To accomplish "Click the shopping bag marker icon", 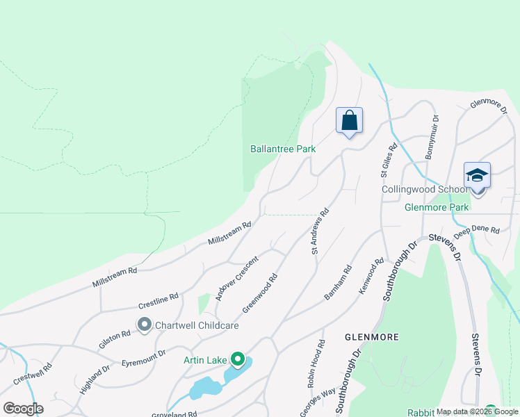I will pyautogui.click(x=349, y=120).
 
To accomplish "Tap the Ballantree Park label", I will pyautogui.click(x=283, y=149).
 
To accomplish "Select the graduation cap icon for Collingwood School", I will pyautogui.click(x=478, y=174).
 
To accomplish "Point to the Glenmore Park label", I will pyautogui.click(x=437, y=206).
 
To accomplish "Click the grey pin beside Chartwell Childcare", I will pyautogui.click(x=145, y=325).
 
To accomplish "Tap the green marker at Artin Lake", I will pyautogui.click(x=238, y=359).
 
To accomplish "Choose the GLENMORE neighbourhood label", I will pyautogui.click(x=372, y=337).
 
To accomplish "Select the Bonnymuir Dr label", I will pyautogui.click(x=432, y=138).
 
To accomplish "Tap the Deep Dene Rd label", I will pyautogui.click(x=476, y=233).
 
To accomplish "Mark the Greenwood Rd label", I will pyautogui.click(x=261, y=292).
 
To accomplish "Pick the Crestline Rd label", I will pyautogui.click(x=159, y=301).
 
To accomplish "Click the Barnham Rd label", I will pyautogui.click(x=339, y=283).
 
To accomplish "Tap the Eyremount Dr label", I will pyautogui.click(x=144, y=358).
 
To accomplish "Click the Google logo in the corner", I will pyautogui.click(x=23, y=408).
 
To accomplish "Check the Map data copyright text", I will pyautogui.click(x=477, y=411).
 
